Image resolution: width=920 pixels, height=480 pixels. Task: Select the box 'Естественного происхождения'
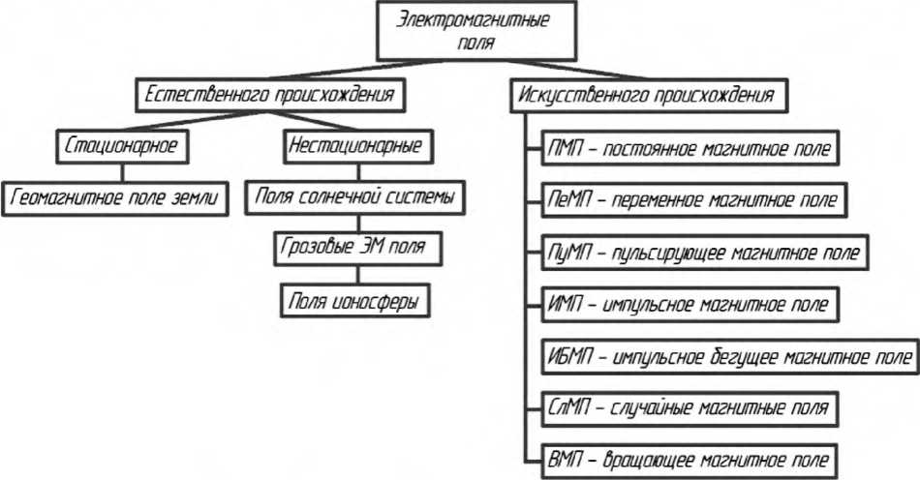pyautogui.click(x=268, y=97)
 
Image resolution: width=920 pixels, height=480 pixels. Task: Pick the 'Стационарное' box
pyautogui.click(x=122, y=148)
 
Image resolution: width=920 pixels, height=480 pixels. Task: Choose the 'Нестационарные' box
pyautogui.click(x=355, y=148)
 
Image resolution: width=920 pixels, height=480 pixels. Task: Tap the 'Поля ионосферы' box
pyautogui.click(x=355, y=301)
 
